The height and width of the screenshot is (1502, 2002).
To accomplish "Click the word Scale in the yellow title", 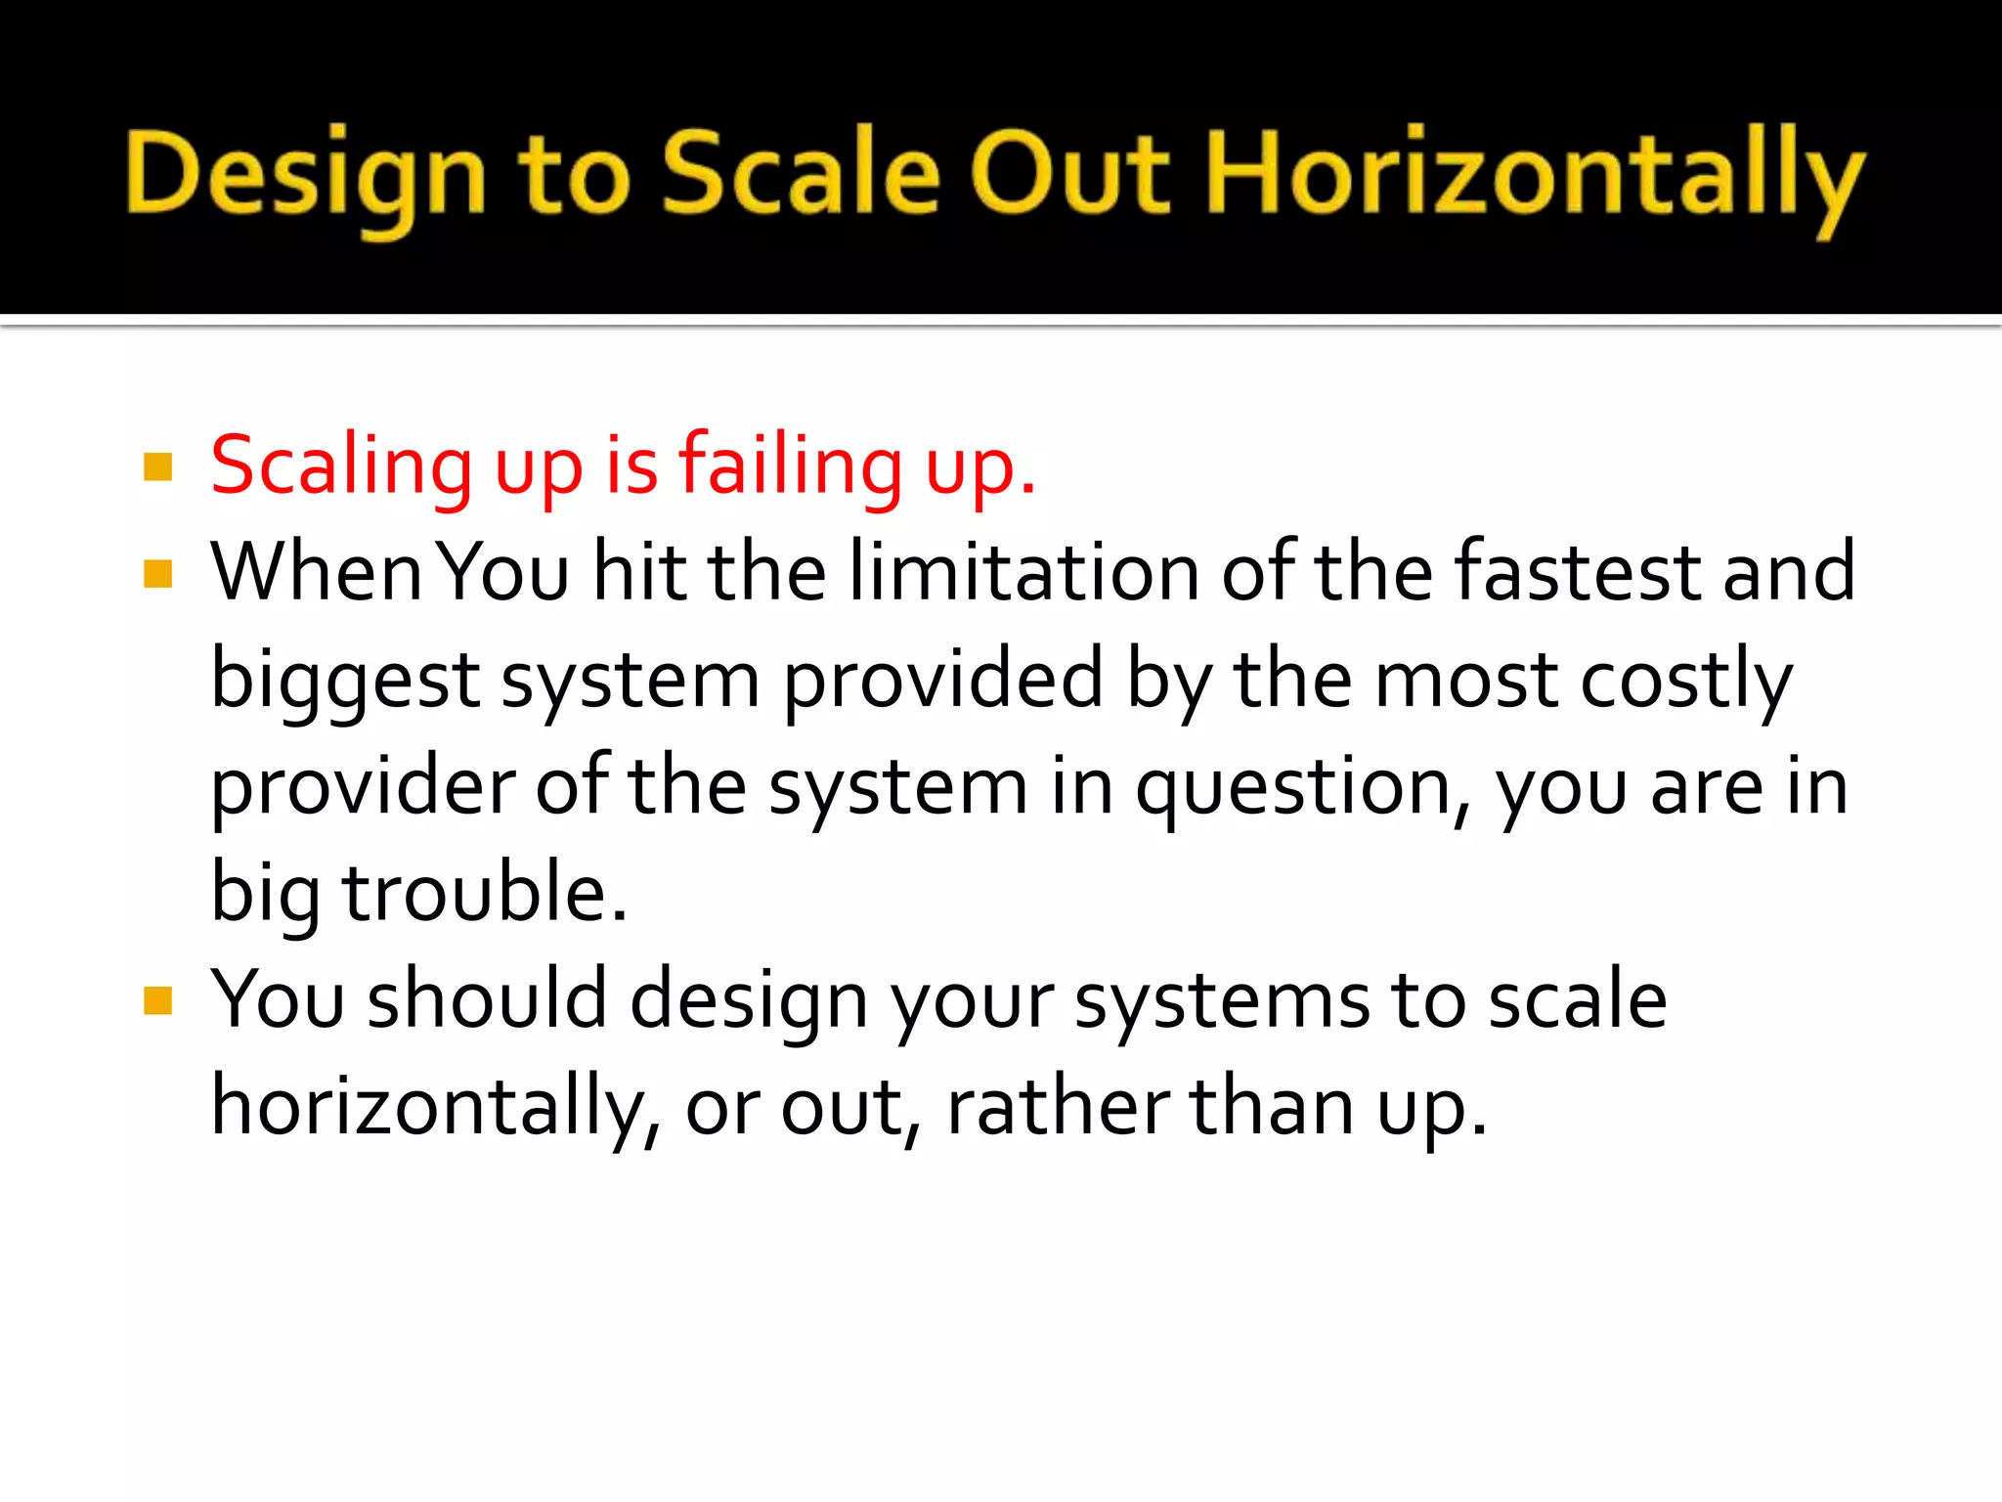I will point(802,174).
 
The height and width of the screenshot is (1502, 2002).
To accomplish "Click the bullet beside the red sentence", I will point(157,467).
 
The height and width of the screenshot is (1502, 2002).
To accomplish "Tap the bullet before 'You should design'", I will point(157,1000).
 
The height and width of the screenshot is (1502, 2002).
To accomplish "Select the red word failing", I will point(791,467).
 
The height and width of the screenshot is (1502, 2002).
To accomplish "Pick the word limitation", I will point(1023,572).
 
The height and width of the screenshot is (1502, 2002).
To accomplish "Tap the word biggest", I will point(345,681).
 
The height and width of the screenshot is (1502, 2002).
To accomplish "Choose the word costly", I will point(1686,681).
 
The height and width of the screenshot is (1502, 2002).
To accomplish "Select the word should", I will point(488,999).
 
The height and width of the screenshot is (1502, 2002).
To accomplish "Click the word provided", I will point(942,681).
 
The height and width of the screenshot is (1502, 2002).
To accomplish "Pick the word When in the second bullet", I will point(317,572).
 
